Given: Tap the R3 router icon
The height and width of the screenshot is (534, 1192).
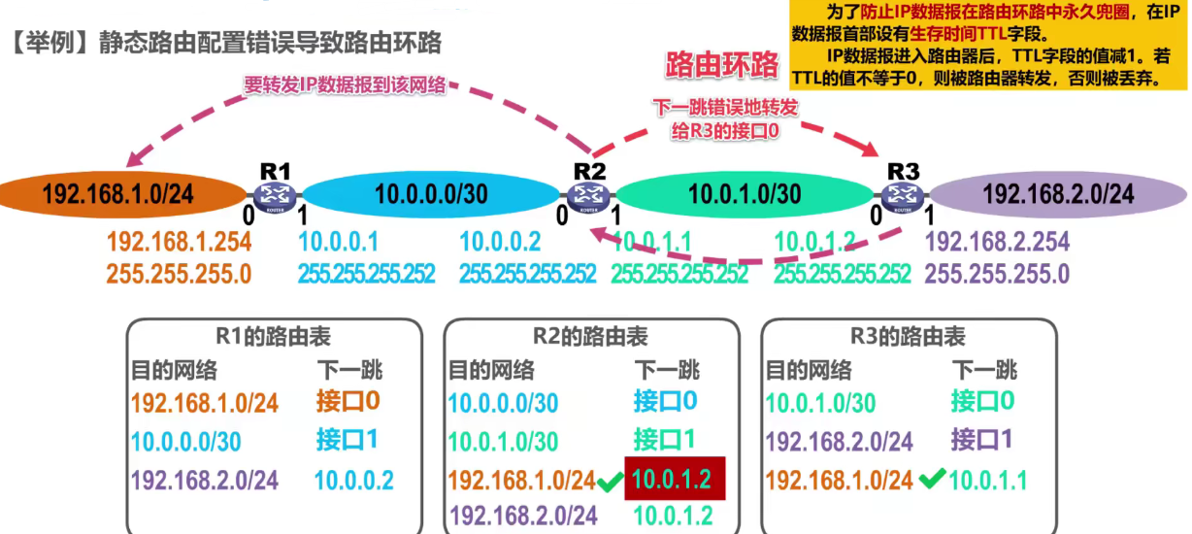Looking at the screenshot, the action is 902,195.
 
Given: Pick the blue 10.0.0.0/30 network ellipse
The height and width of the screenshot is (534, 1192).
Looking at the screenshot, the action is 431,194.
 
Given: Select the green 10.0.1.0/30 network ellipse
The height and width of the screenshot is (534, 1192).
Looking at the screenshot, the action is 745,194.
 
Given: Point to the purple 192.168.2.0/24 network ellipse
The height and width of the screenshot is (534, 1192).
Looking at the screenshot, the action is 1058,194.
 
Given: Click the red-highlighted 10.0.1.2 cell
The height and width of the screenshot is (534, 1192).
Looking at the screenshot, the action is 672,479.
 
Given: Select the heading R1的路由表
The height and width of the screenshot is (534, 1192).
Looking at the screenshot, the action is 274,337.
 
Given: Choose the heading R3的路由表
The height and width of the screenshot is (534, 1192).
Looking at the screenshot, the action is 908,337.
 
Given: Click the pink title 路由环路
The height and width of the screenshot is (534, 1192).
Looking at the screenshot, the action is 721,65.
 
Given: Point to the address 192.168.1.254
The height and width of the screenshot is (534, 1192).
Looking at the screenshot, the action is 179,242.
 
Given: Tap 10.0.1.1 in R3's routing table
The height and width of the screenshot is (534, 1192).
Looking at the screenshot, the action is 988,479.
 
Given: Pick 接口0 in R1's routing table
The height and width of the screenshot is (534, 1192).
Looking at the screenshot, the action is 348,400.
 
